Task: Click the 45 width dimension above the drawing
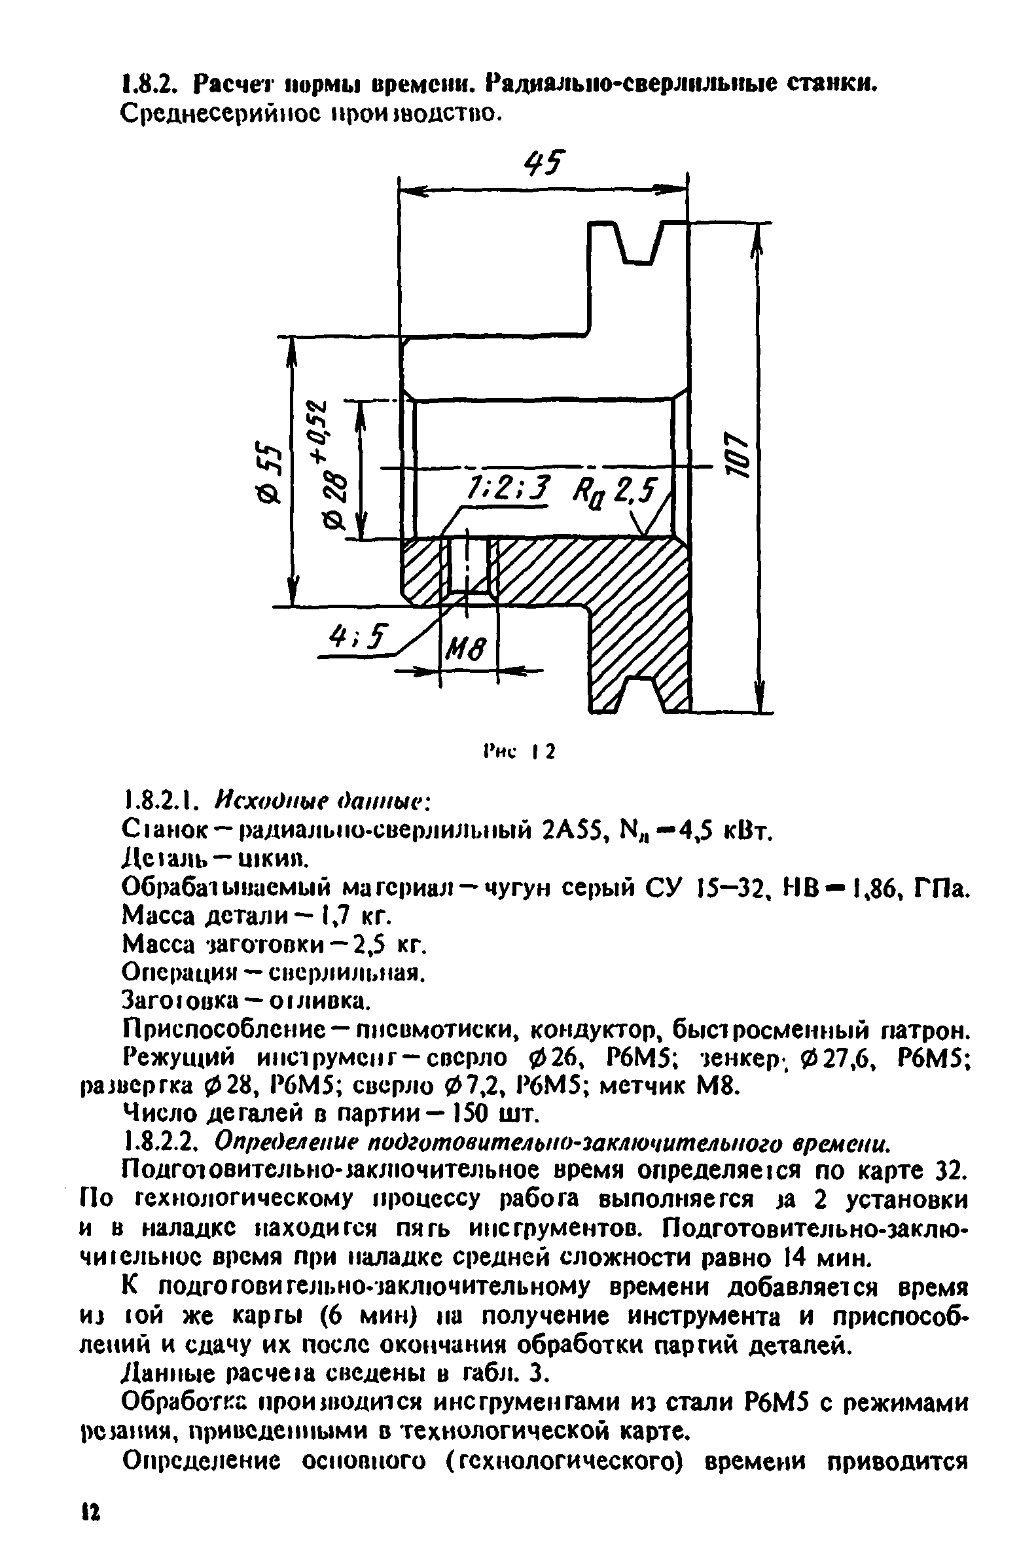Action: tap(545, 162)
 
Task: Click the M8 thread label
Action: tap(467, 652)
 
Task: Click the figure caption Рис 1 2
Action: tap(519, 751)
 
